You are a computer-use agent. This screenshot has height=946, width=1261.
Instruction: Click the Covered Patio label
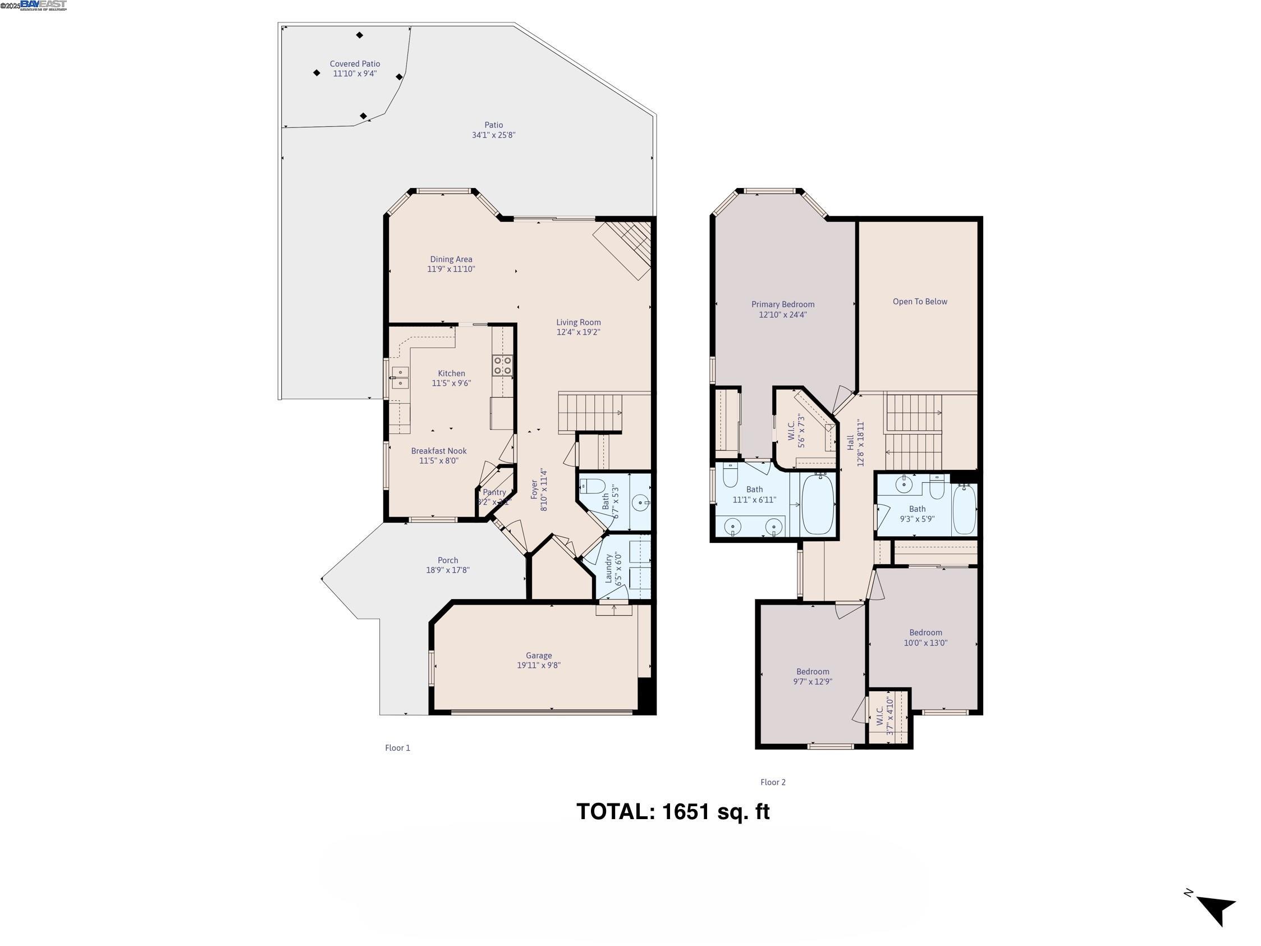pos(355,65)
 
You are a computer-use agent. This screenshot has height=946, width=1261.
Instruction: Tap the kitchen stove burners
pos(502,365)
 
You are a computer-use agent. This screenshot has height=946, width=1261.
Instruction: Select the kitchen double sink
pos(400,377)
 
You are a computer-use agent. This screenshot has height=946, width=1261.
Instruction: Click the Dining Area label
pos(451,259)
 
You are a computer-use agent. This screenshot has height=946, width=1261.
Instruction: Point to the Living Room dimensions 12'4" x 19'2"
pos(578,332)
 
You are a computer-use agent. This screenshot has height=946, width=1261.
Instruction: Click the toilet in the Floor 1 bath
pos(592,486)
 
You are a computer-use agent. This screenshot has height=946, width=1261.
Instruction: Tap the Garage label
pos(539,656)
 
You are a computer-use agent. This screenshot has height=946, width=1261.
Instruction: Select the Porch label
pos(447,560)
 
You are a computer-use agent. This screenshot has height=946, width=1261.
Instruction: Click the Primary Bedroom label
pos(783,304)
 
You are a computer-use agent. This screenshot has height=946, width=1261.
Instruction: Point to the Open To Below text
pos(920,301)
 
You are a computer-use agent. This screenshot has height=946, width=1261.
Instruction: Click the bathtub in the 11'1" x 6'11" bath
pos(818,504)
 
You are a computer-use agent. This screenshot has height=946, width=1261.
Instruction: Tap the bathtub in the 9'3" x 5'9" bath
pos(964,509)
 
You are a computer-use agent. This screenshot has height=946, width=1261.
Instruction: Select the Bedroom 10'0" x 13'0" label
pos(925,633)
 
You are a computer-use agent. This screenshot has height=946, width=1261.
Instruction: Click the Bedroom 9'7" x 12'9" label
pos(813,671)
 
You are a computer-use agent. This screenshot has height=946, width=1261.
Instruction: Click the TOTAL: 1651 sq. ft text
pos(673,811)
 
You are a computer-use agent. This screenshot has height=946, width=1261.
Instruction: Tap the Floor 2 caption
pos(772,783)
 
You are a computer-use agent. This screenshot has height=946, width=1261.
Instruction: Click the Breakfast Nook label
pos(438,451)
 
